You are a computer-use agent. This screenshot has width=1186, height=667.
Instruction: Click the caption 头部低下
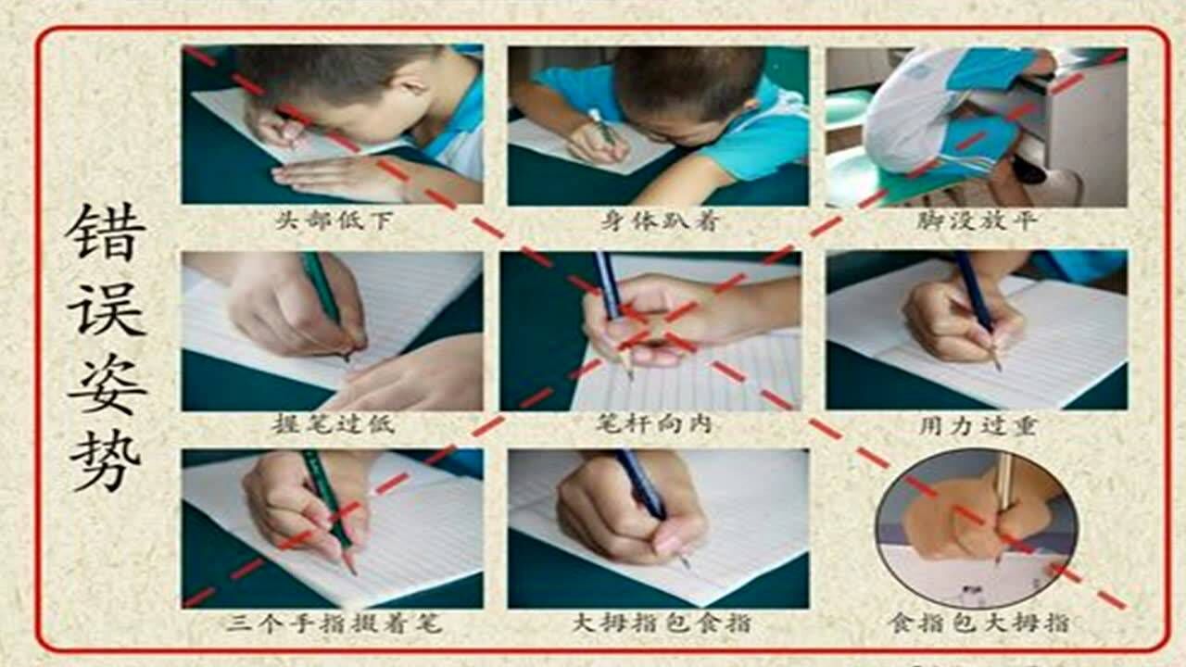pyautogui.click(x=331, y=221)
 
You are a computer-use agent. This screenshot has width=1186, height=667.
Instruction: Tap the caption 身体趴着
pyautogui.click(x=658, y=221)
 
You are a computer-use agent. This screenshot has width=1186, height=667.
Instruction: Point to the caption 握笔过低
pyautogui.click(x=333, y=425)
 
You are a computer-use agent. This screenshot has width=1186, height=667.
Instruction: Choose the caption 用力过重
pyautogui.click(x=977, y=425)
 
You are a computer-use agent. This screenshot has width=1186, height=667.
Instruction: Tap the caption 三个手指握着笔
pyautogui.click(x=334, y=623)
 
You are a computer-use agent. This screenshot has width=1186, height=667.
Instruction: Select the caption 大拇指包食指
pyautogui.click(x=660, y=623)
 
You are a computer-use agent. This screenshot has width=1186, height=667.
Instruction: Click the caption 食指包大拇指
pyautogui.click(x=978, y=622)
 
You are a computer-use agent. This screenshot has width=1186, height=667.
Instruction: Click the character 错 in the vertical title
pyautogui.click(x=105, y=232)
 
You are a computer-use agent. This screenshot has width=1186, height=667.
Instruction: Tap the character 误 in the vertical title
pyautogui.click(x=105, y=308)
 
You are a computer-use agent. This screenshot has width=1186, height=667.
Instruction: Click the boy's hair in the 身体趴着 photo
pyautogui.click(x=686, y=79)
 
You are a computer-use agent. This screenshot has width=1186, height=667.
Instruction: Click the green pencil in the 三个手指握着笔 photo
pyautogui.click(x=328, y=505)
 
